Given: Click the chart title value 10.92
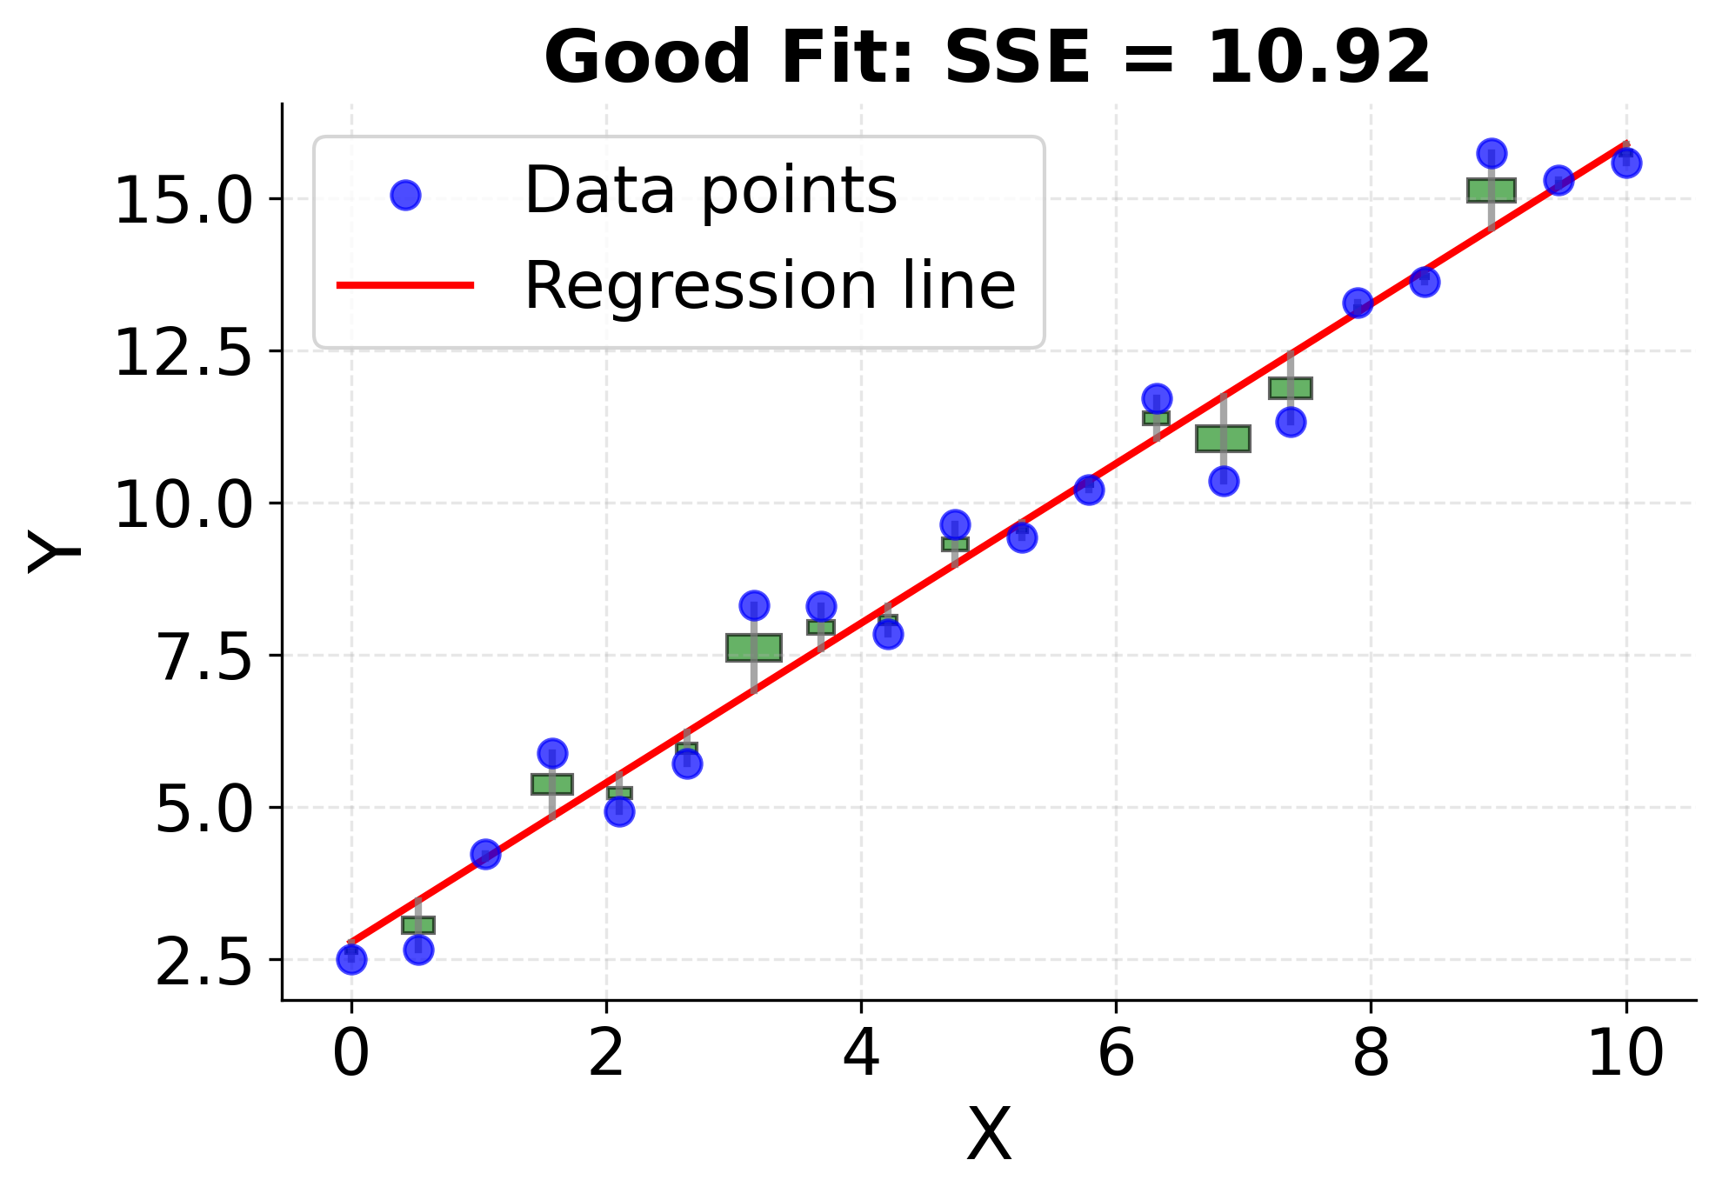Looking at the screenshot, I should pyautogui.click(x=1318, y=57).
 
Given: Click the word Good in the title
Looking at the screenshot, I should pyautogui.click(x=648, y=57).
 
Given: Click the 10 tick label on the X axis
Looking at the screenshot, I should pyautogui.click(x=1625, y=1054).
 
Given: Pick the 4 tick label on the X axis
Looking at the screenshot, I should pyautogui.click(x=861, y=1054).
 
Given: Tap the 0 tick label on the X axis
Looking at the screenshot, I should pyautogui.click(x=351, y=1054).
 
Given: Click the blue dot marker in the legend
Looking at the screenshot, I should pyautogui.click(x=405, y=196).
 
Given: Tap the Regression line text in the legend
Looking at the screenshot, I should pyautogui.click(x=770, y=285).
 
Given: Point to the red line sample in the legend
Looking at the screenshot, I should pyautogui.click(x=405, y=285).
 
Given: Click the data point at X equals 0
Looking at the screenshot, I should pyautogui.click(x=351, y=960).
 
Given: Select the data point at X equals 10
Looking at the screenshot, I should pyautogui.click(x=1626, y=163).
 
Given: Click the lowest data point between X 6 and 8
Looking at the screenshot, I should pyautogui.click(x=1224, y=481).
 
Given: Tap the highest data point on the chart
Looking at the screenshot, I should pyautogui.click(x=1492, y=153).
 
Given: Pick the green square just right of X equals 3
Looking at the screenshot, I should pyautogui.click(x=754, y=648).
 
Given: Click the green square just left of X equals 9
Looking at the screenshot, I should pyautogui.click(x=1492, y=190).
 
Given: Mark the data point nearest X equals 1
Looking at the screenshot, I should pyautogui.click(x=485, y=854).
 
